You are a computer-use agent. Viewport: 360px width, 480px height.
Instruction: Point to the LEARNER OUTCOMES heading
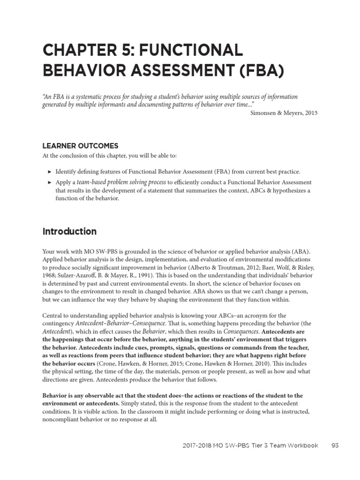tap(80, 146)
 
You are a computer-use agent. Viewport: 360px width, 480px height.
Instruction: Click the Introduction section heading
tap(69, 232)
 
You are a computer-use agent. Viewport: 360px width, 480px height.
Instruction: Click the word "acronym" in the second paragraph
tap(252, 315)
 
